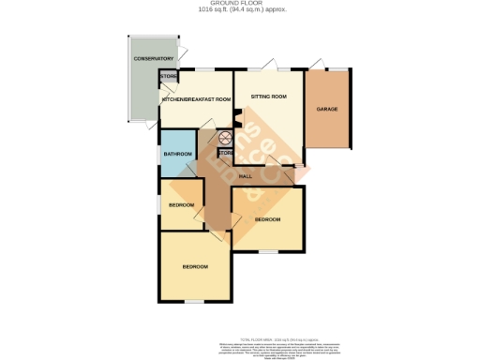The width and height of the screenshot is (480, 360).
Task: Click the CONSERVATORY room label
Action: (x=154, y=59)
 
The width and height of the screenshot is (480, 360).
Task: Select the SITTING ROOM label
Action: (x=268, y=97)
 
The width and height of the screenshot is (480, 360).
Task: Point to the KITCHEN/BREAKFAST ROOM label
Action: (x=196, y=98)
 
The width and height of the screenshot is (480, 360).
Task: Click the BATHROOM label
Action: (x=178, y=154)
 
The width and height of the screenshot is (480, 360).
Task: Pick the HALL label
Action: (x=247, y=176)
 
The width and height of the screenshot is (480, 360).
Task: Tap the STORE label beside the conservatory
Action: (x=169, y=76)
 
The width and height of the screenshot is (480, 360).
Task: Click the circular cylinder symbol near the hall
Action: (x=225, y=136)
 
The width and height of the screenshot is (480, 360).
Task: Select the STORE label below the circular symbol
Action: (x=226, y=153)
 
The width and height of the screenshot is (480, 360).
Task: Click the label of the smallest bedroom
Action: (x=181, y=205)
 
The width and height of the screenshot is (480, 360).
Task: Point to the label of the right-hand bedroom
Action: (x=268, y=219)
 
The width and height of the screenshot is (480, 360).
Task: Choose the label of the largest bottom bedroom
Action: (x=195, y=267)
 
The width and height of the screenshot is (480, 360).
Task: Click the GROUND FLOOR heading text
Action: (x=239, y=4)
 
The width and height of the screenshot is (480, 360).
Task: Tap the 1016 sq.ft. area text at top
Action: (x=239, y=10)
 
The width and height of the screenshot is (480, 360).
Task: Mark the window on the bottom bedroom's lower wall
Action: (x=194, y=301)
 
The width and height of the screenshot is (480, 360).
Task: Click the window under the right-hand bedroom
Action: (x=267, y=251)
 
